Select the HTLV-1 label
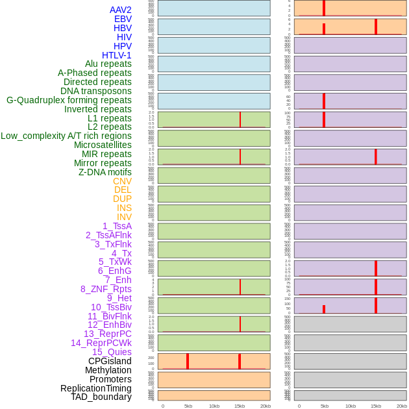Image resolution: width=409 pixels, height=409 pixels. (x=116, y=55)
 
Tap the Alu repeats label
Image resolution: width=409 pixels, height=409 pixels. (x=108, y=64)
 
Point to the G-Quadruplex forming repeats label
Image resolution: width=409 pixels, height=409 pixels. (x=69, y=100)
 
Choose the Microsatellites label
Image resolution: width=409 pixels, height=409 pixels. (x=103, y=145)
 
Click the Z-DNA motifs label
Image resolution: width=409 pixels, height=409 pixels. (x=105, y=172)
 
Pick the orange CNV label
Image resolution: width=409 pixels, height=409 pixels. (x=122, y=181)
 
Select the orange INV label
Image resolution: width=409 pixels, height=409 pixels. (x=124, y=217)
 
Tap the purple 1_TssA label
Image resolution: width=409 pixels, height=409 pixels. (x=117, y=226)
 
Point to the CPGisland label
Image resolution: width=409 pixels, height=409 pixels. (x=110, y=361)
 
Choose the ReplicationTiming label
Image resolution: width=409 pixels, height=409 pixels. (x=96, y=388)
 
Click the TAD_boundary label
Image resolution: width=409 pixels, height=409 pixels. (x=101, y=397)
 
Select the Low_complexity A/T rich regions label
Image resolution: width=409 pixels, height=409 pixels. (x=66, y=136)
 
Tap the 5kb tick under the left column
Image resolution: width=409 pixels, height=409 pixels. (x=188, y=406)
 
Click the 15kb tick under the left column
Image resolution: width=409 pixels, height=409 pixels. (x=240, y=406)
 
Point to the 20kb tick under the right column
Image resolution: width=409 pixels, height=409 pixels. (x=402, y=406)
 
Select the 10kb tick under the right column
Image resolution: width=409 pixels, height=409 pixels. (x=351, y=406)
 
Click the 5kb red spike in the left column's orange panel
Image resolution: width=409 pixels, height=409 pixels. (x=188, y=361)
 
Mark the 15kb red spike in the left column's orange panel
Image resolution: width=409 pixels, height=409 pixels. (x=240, y=361)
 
